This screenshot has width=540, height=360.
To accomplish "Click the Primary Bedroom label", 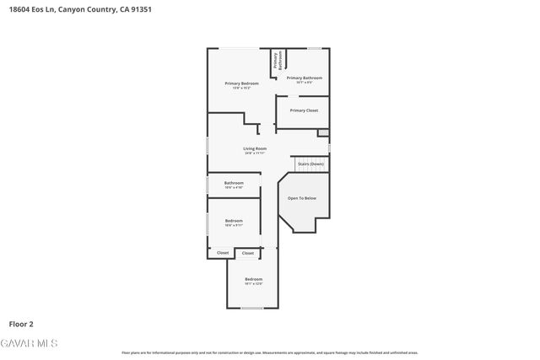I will tap(241, 83).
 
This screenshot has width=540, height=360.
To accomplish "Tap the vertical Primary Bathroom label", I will tap(275, 61).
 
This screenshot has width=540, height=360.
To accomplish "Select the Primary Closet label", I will tap(304, 110).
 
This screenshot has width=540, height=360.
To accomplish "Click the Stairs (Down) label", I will tap(310, 164).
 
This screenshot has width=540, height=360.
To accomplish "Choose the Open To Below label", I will tap(302, 198).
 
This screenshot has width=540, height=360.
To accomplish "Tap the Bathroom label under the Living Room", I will tap(234, 183).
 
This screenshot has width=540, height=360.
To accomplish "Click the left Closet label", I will tap(223, 253).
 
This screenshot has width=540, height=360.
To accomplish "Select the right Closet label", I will tap(248, 253).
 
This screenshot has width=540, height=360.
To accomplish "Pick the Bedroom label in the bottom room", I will tap(254, 279).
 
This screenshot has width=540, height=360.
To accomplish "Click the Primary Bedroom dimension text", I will tap(241, 88).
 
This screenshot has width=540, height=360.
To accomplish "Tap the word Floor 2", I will tap(21, 323).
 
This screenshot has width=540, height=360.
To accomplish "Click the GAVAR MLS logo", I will tap(30, 343).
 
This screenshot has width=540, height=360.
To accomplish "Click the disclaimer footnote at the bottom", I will tap(269, 352).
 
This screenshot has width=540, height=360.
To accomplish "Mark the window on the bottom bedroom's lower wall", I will tap(251, 309).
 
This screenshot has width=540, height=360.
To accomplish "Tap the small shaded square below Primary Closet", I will tap(322, 132).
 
